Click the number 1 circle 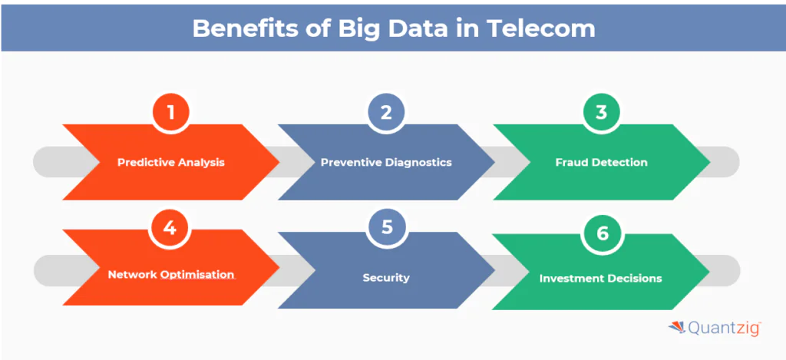[x=171, y=112]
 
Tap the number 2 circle [x=386, y=112]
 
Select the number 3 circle [x=601, y=112]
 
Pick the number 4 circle [x=170, y=229]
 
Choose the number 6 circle [x=602, y=233]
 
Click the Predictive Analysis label [x=171, y=163]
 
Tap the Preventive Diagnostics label [x=386, y=163]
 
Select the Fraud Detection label [x=601, y=163]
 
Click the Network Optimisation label [x=171, y=275]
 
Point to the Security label [x=386, y=277]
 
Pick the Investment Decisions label [x=600, y=278]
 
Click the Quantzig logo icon [x=677, y=328]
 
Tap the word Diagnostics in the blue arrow [x=418, y=163]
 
